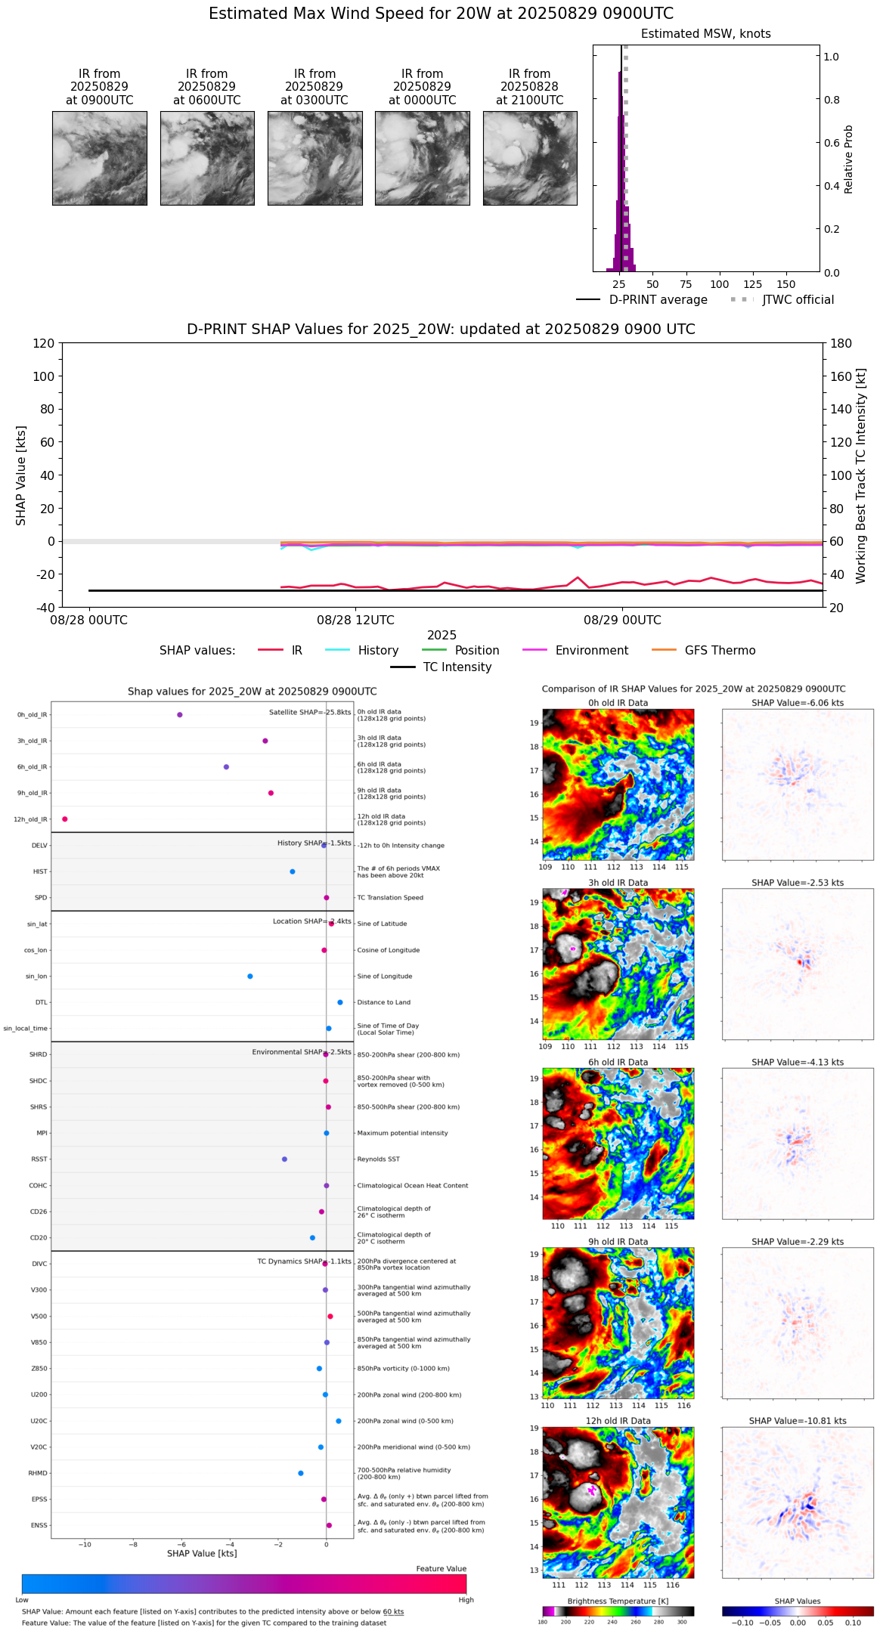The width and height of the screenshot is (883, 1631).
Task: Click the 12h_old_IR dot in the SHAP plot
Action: [x=65, y=819]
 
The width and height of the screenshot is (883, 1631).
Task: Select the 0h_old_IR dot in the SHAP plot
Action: [x=179, y=715]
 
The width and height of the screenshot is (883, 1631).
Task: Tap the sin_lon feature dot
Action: [x=250, y=976]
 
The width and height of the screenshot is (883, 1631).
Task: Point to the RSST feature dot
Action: [x=284, y=1159]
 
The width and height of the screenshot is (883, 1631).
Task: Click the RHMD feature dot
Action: [x=301, y=1473]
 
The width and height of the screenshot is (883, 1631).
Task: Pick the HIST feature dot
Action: [x=293, y=871]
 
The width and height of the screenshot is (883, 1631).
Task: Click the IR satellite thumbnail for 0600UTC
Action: [x=207, y=158]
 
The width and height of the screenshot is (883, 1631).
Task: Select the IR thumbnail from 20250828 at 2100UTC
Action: [x=530, y=158]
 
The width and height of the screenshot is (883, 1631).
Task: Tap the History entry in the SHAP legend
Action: [x=378, y=651]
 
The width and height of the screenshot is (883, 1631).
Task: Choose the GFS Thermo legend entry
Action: [x=720, y=651]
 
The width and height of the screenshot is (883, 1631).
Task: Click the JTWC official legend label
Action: [x=798, y=300]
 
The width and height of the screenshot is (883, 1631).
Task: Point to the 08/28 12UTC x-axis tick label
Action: [x=355, y=621]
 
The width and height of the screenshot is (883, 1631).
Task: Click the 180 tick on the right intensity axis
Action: [x=841, y=344]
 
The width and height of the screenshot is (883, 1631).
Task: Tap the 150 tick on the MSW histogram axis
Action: [x=786, y=285]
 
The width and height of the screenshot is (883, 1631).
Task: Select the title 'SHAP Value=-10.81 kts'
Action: [x=798, y=1421]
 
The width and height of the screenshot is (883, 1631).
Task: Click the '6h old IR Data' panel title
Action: [x=618, y=1062]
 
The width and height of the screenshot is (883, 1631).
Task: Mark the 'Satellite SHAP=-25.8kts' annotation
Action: [x=310, y=713]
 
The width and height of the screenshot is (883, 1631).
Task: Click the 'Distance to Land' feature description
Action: [x=383, y=1003]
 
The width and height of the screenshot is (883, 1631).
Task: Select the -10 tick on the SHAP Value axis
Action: [x=85, y=1544]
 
